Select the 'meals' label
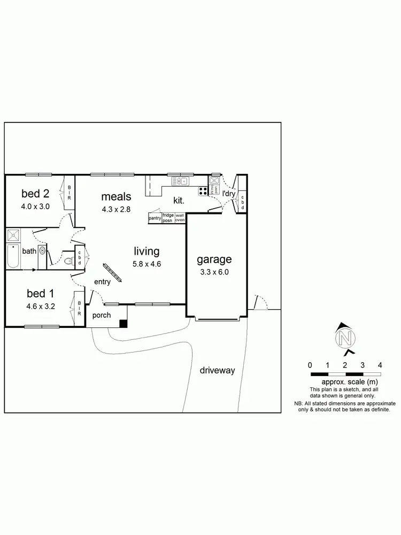(x=116, y=197)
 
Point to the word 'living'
(x=146, y=251)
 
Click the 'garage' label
(x=214, y=259)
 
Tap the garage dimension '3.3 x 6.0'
(x=214, y=272)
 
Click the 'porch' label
(x=102, y=315)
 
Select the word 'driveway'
(x=218, y=370)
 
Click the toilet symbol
(x=68, y=262)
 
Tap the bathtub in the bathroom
(x=13, y=257)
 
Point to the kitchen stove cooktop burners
(x=203, y=191)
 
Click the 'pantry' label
(x=155, y=218)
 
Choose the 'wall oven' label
(x=180, y=218)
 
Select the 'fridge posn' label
(x=168, y=218)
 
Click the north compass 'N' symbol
(x=345, y=339)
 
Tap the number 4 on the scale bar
(x=380, y=365)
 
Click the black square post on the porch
(x=124, y=323)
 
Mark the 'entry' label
(x=102, y=282)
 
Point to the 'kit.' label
(x=179, y=201)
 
